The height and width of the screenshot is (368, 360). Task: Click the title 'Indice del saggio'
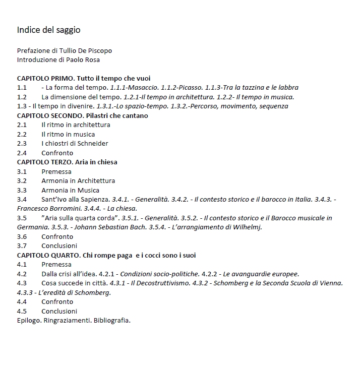point(48,30)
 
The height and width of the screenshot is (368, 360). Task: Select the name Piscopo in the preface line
point(100,50)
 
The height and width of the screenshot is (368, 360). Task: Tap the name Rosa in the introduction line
point(92,60)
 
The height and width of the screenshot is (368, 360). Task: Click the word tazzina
point(255,88)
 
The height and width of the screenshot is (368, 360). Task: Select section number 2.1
point(22,125)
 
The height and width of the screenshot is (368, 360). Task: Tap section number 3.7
point(22,246)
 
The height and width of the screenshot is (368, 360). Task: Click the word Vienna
point(331,283)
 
